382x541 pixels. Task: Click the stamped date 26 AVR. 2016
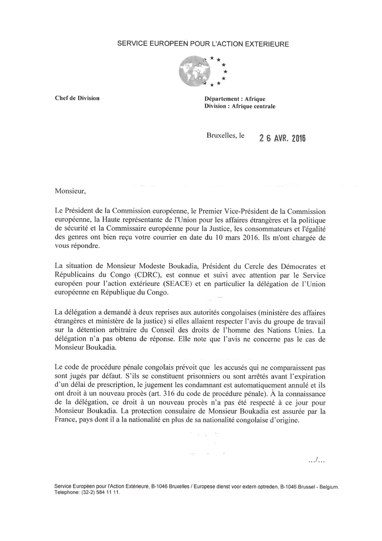point(282,138)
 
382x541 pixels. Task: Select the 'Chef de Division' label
point(77,98)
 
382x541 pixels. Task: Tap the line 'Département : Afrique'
point(235,99)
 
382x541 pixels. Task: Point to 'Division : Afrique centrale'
point(240,106)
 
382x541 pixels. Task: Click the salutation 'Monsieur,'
point(70,191)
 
